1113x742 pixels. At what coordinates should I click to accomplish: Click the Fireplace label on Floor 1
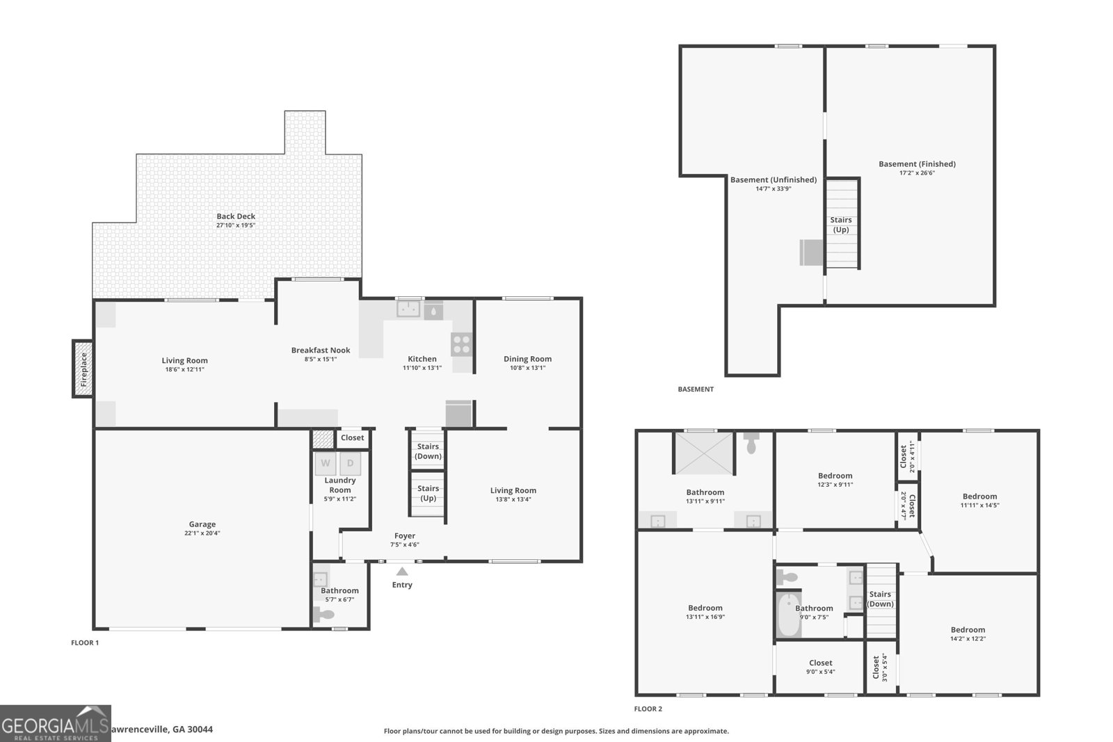(83, 369)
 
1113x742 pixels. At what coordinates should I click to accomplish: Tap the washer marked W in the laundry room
(326, 463)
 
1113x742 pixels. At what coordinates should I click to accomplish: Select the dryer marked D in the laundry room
(351, 463)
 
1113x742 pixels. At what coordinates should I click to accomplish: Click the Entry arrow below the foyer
(402, 572)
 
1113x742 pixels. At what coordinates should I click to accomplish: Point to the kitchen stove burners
(461, 344)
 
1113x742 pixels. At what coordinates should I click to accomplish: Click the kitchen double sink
(408, 309)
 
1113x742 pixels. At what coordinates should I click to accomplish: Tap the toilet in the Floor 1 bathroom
(324, 615)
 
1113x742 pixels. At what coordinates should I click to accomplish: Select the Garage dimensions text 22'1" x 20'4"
(202, 533)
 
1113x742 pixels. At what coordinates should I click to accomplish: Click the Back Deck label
(236, 216)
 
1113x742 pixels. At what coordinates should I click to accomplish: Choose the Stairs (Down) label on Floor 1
(428, 451)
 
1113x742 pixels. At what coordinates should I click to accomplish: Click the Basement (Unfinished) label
(773, 179)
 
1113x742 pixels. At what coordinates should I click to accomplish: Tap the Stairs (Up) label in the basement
(841, 225)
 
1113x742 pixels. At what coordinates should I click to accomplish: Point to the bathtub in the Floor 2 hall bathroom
(789, 614)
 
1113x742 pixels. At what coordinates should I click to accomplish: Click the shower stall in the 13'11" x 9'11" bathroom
(704, 453)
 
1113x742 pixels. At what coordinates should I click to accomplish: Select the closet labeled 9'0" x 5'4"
(820, 667)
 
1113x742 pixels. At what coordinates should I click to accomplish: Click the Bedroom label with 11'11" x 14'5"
(979, 497)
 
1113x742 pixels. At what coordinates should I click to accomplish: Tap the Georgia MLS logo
(55, 723)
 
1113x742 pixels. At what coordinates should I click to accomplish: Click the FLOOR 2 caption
(648, 709)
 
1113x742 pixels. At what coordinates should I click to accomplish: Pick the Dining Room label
(527, 359)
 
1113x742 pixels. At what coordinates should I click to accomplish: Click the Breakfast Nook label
(321, 350)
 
